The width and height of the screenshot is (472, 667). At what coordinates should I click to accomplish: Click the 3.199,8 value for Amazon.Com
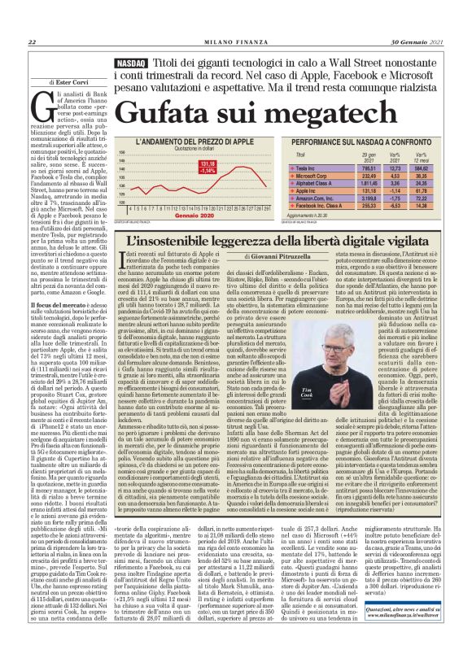370,198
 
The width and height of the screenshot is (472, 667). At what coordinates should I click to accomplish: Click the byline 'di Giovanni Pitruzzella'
263,259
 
